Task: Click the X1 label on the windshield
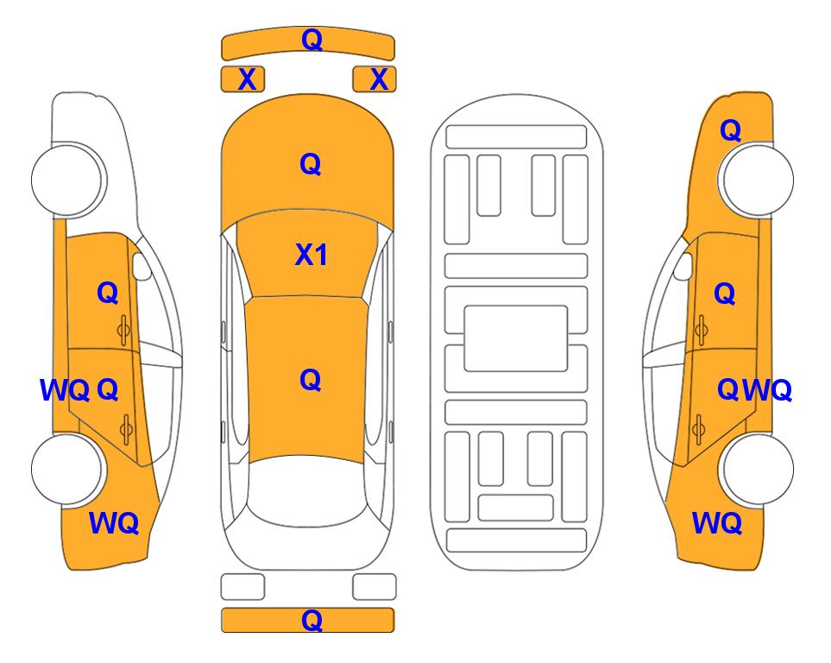(312, 255)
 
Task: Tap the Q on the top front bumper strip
(312, 39)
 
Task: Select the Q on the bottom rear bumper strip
(312, 620)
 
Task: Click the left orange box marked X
(242, 79)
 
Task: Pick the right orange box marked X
(375, 79)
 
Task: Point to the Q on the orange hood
(311, 164)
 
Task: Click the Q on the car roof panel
(311, 380)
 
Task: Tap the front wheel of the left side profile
(68, 180)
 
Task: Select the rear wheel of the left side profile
(68, 470)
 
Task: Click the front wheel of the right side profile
(756, 180)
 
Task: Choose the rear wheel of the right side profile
(756, 470)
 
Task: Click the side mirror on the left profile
(142, 266)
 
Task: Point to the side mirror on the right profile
(683, 266)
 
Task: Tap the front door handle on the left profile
(123, 330)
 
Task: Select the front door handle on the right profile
(702, 330)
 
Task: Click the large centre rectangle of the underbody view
(516, 338)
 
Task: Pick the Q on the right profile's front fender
(730, 130)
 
